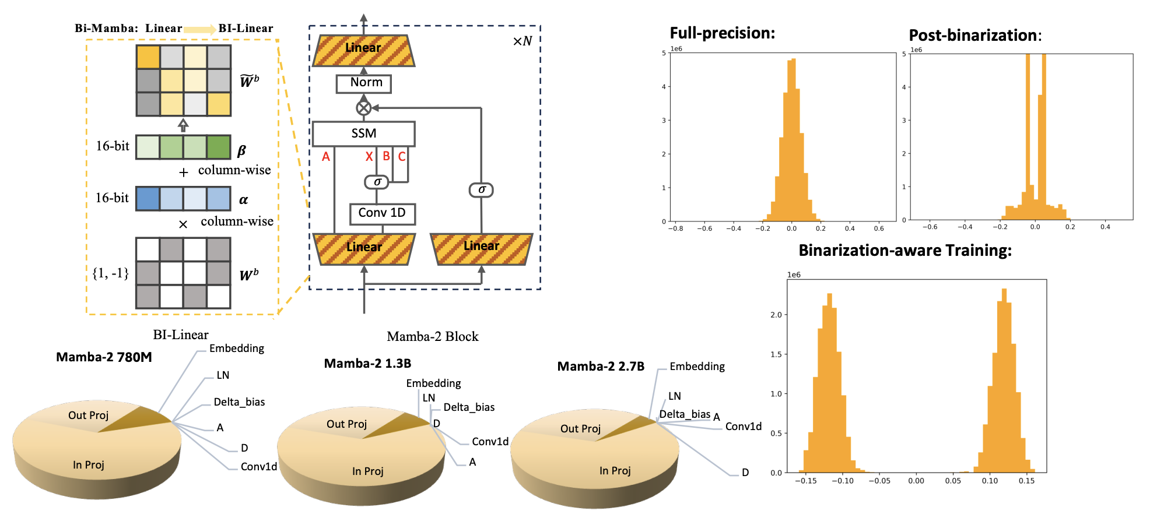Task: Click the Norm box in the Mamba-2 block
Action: click(x=363, y=83)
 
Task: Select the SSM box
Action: click(x=363, y=133)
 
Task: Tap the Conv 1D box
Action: click(x=382, y=213)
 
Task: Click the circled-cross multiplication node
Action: click(x=363, y=108)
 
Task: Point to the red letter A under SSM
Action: click(x=326, y=157)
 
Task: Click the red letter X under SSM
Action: click(x=369, y=157)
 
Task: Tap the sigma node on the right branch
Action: click(x=481, y=190)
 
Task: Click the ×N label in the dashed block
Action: click(x=522, y=41)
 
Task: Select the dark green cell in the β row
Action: click(x=219, y=147)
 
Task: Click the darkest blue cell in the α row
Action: click(x=148, y=199)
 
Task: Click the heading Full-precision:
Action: click(x=722, y=33)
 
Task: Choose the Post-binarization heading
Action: click(x=974, y=36)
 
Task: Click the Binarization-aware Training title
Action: click(x=904, y=251)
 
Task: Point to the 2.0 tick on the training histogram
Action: click(x=776, y=315)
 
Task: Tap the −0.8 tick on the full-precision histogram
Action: click(x=675, y=228)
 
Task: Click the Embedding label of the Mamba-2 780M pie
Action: click(x=236, y=348)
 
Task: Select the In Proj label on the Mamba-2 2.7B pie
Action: click(x=615, y=471)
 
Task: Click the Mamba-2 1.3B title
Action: click(x=367, y=364)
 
